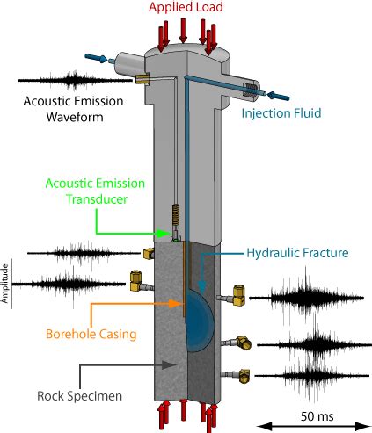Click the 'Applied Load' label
186,7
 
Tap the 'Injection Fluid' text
281,113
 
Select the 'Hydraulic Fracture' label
297,253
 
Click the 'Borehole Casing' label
91,334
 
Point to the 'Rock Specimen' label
79,396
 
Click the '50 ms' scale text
317,416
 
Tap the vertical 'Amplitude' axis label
4,284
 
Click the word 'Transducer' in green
97,199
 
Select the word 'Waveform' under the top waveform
75,117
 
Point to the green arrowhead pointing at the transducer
162,234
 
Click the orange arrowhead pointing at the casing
176,304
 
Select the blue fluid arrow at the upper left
96,58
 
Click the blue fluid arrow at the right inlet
279,96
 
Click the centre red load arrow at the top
183,30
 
